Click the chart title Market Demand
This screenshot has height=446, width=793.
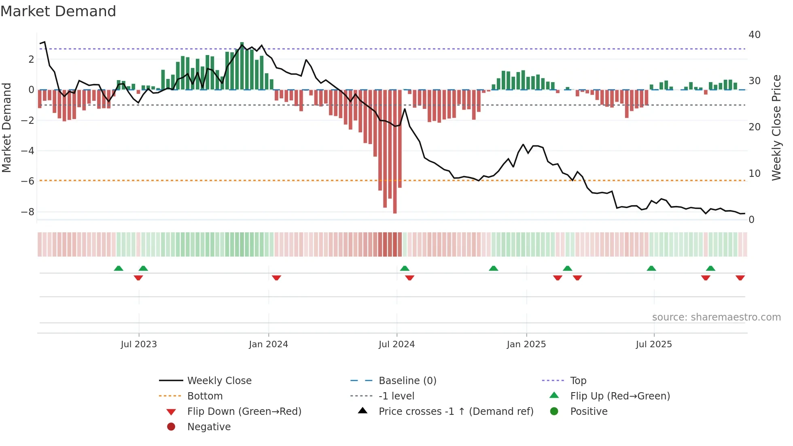coord(58,11)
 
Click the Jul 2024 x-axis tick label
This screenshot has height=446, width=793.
coord(396,344)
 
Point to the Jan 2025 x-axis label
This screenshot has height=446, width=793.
coord(526,344)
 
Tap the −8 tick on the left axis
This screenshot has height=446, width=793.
coord(28,212)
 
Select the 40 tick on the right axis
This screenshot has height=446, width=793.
coord(755,35)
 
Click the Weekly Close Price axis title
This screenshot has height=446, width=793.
coord(776,127)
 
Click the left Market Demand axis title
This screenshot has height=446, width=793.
coord(6,127)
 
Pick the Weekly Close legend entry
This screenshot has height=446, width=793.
coord(219,381)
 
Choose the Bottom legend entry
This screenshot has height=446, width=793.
coord(205,396)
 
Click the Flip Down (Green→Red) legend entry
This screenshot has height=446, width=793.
coord(244,412)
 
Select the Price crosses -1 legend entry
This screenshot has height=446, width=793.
coord(456,412)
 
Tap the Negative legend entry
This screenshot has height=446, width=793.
coord(209,427)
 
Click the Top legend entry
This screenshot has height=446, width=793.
coord(578,381)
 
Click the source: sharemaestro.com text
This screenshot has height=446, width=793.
coord(716,317)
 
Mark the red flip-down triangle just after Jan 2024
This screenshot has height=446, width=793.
coord(276,278)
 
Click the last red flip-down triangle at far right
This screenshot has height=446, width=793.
coord(740,278)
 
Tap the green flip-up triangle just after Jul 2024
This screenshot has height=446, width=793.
coord(405,268)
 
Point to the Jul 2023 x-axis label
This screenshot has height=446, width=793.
coord(138,344)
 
